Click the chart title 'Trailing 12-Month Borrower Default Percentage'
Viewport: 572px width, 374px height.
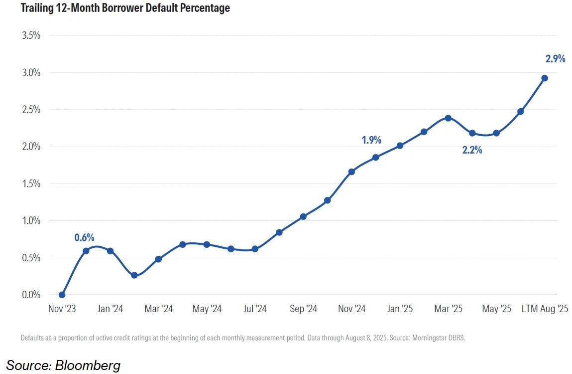(x=118, y=8)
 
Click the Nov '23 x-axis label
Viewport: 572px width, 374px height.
(x=62, y=309)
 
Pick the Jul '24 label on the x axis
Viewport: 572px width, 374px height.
(x=255, y=309)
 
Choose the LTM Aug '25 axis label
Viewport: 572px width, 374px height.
(x=544, y=309)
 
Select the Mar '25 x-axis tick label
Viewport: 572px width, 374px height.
(x=448, y=309)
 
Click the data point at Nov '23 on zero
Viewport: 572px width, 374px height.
(x=62, y=295)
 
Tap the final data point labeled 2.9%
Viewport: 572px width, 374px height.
(x=545, y=78)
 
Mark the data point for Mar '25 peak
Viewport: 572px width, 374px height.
(x=448, y=118)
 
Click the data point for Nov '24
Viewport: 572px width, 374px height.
(x=351, y=172)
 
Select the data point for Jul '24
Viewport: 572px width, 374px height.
(x=255, y=249)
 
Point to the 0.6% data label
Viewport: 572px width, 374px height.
(x=84, y=237)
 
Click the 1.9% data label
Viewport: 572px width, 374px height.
(x=371, y=140)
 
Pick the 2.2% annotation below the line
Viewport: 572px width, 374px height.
(x=472, y=150)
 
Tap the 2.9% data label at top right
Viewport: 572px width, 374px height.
(x=555, y=59)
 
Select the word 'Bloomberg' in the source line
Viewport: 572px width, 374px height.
(x=88, y=366)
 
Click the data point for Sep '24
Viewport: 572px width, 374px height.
(x=303, y=216)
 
